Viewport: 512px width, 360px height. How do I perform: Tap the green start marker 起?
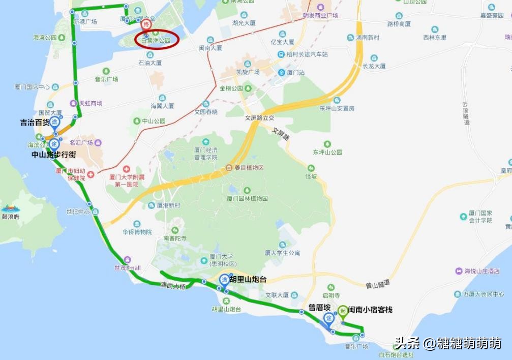(x=343, y=310)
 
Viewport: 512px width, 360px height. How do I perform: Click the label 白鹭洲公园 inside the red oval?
(x=157, y=40)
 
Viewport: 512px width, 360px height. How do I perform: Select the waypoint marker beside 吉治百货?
(x=55, y=122)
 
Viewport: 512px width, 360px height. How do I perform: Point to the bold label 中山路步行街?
(x=53, y=154)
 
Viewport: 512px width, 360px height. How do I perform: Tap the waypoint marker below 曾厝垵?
(x=329, y=319)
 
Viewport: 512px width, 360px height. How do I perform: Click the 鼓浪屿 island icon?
(x=10, y=208)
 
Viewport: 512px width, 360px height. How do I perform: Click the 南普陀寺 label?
(x=175, y=237)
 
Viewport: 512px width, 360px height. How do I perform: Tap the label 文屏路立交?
(x=260, y=117)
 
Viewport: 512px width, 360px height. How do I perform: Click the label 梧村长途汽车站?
(x=307, y=54)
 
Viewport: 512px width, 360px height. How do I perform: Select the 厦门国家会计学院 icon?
(x=464, y=217)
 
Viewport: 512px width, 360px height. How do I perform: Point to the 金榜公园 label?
(x=231, y=88)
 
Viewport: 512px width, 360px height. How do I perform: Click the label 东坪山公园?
(x=327, y=152)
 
